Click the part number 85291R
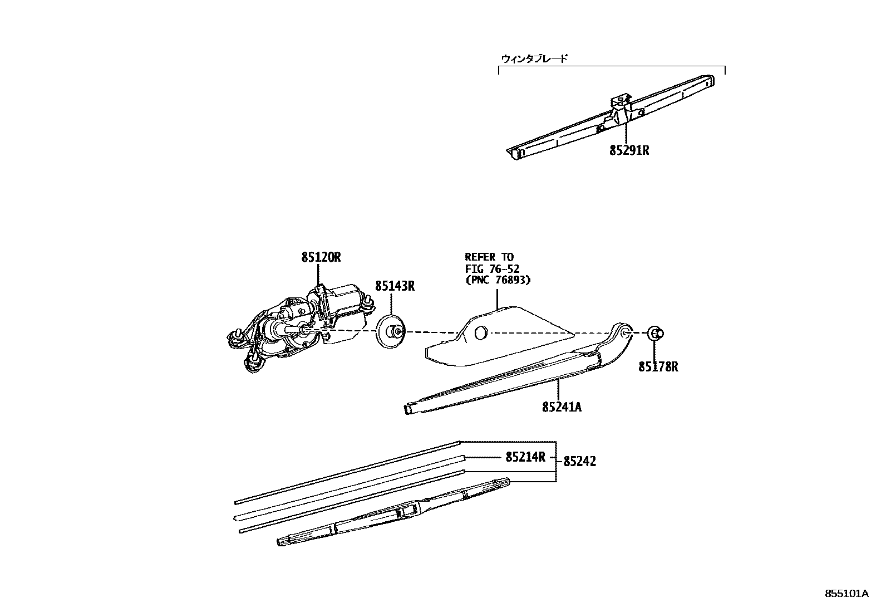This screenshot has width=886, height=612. [x=629, y=150]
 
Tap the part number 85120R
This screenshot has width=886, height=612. [x=321, y=257]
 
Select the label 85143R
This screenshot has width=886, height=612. [x=395, y=286]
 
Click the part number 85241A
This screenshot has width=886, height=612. [x=562, y=407]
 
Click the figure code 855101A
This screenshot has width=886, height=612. [x=846, y=594]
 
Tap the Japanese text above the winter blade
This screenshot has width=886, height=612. [x=534, y=58]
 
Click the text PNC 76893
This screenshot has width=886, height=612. [x=498, y=280]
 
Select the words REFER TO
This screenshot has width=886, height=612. [x=489, y=257]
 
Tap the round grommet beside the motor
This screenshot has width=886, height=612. [x=391, y=332]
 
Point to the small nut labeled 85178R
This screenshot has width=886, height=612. [x=656, y=334]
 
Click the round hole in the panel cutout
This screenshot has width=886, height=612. [x=481, y=332]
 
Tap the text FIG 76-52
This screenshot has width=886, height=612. [x=493, y=269]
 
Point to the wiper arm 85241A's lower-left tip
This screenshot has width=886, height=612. [x=408, y=410]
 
